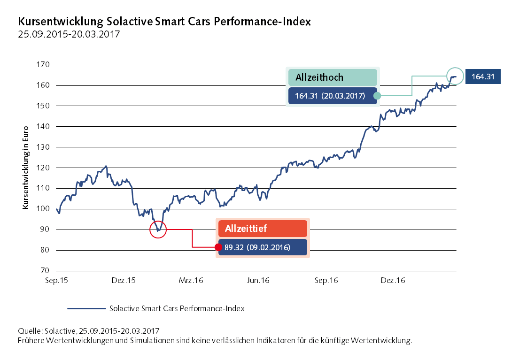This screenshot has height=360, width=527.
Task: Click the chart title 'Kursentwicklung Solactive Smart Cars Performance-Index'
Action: point(164,22)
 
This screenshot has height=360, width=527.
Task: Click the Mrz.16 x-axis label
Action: point(191,281)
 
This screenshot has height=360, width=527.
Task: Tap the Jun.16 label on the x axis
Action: point(258,281)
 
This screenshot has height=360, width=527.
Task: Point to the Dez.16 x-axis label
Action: point(393,281)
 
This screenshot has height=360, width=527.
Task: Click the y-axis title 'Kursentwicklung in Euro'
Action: point(25,168)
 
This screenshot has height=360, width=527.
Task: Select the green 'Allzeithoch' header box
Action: point(333,77)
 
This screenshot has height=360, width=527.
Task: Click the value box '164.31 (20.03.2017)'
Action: point(333,96)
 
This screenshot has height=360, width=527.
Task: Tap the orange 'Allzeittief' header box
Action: point(263,229)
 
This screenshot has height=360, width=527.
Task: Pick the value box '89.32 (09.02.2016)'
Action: point(263,247)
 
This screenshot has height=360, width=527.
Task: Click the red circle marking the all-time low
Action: point(158,230)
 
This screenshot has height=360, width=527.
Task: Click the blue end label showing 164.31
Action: point(482,77)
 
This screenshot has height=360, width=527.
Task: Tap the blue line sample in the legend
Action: point(85,309)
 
